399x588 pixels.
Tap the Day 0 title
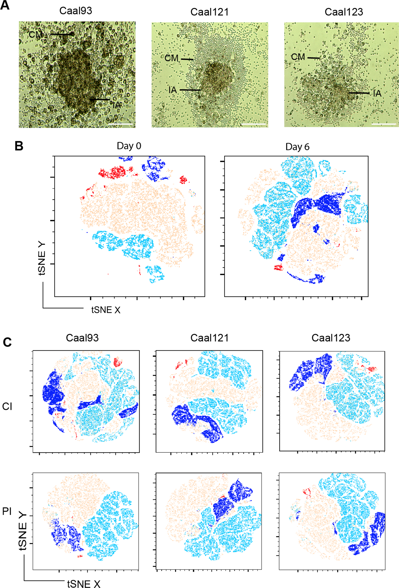(x=129, y=146)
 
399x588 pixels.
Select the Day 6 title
(x=297, y=147)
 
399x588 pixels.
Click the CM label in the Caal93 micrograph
(x=35, y=34)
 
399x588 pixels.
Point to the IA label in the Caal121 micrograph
(x=173, y=90)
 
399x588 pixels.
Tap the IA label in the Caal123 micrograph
(x=377, y=94)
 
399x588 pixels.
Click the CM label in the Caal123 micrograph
(x=298, y=57)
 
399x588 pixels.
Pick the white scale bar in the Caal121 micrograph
(x=253, y=124)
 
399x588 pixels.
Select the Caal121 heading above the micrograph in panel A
(x=209, y=12)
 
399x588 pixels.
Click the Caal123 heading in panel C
(x=331, y=338)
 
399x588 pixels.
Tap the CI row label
(x=7, y=407)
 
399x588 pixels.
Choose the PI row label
(x=7, y=504)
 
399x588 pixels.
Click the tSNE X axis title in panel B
(x=106, y=310)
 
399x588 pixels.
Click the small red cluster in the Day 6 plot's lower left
(x=278, y=267)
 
